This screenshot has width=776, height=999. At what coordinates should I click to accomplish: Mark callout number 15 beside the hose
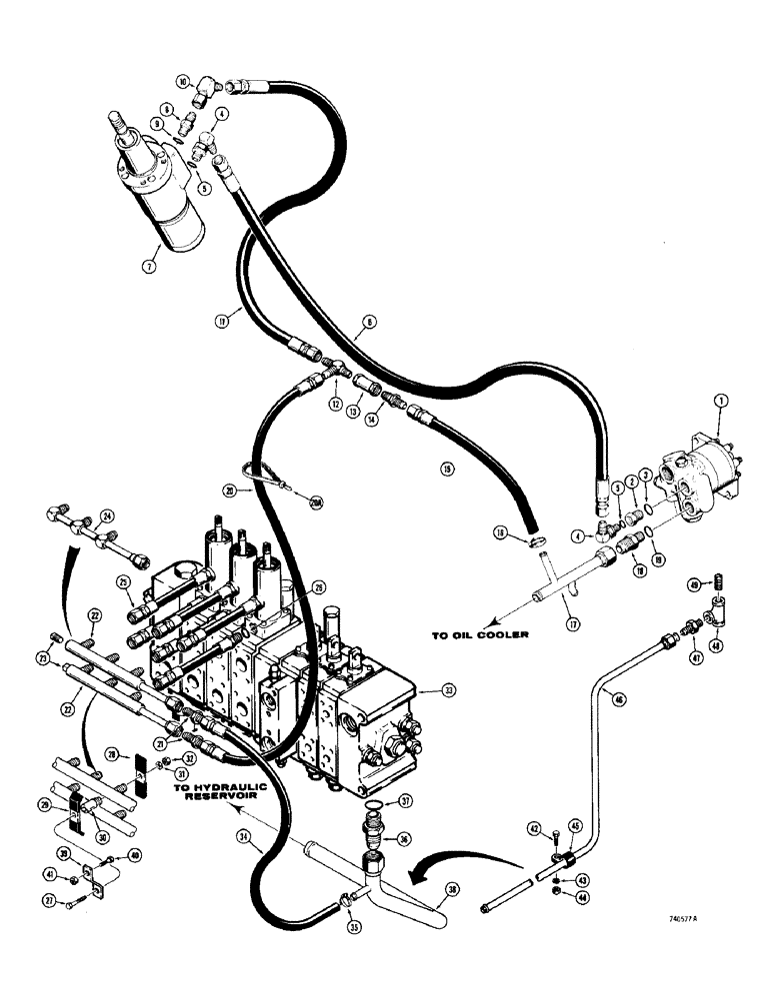click(x=447, y=467)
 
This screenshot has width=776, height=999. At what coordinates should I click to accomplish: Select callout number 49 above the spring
click(x=720, y=583)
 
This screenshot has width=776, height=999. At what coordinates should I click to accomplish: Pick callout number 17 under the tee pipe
click(x=572, y=597)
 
